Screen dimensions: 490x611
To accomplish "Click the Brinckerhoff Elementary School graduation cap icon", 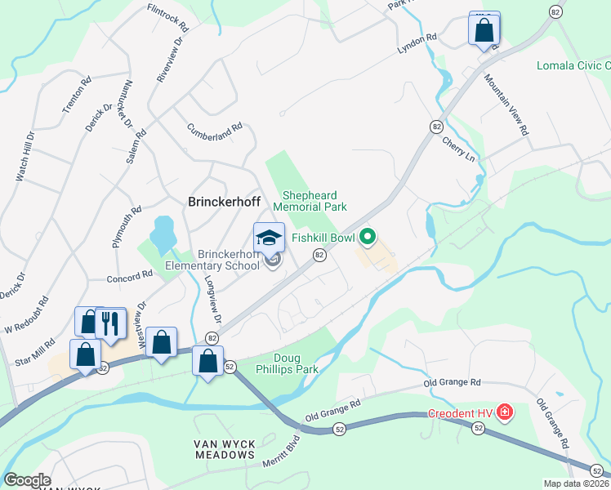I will (269, 238).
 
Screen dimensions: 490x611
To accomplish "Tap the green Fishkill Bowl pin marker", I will (368, 238).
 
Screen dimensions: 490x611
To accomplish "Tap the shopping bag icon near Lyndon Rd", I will (484, 29).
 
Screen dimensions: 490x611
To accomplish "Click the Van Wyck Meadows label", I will (224, 449).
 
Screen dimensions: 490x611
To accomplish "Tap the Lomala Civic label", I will (573, 65).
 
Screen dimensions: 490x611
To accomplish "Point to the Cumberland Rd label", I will (215, 128).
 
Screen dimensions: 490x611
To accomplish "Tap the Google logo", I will (27, 480).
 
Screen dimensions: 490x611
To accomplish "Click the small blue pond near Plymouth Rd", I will (162, 232).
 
